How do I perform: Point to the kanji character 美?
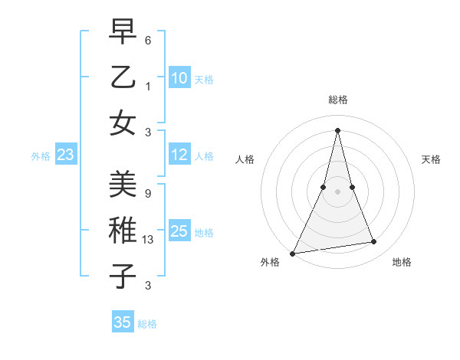123,185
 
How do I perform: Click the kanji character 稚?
123,231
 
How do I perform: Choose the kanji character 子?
123,277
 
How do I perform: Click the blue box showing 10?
179,78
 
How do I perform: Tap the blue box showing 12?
179,155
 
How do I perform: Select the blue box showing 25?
179,231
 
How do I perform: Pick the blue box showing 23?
66,155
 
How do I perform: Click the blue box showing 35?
123,322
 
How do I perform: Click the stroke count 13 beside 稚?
149,241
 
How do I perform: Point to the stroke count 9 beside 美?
147,194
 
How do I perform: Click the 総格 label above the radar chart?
337,100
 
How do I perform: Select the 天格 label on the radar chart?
432,159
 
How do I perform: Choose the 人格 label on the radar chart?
245,159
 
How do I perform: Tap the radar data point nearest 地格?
374,242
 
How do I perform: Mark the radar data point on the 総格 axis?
337,129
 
